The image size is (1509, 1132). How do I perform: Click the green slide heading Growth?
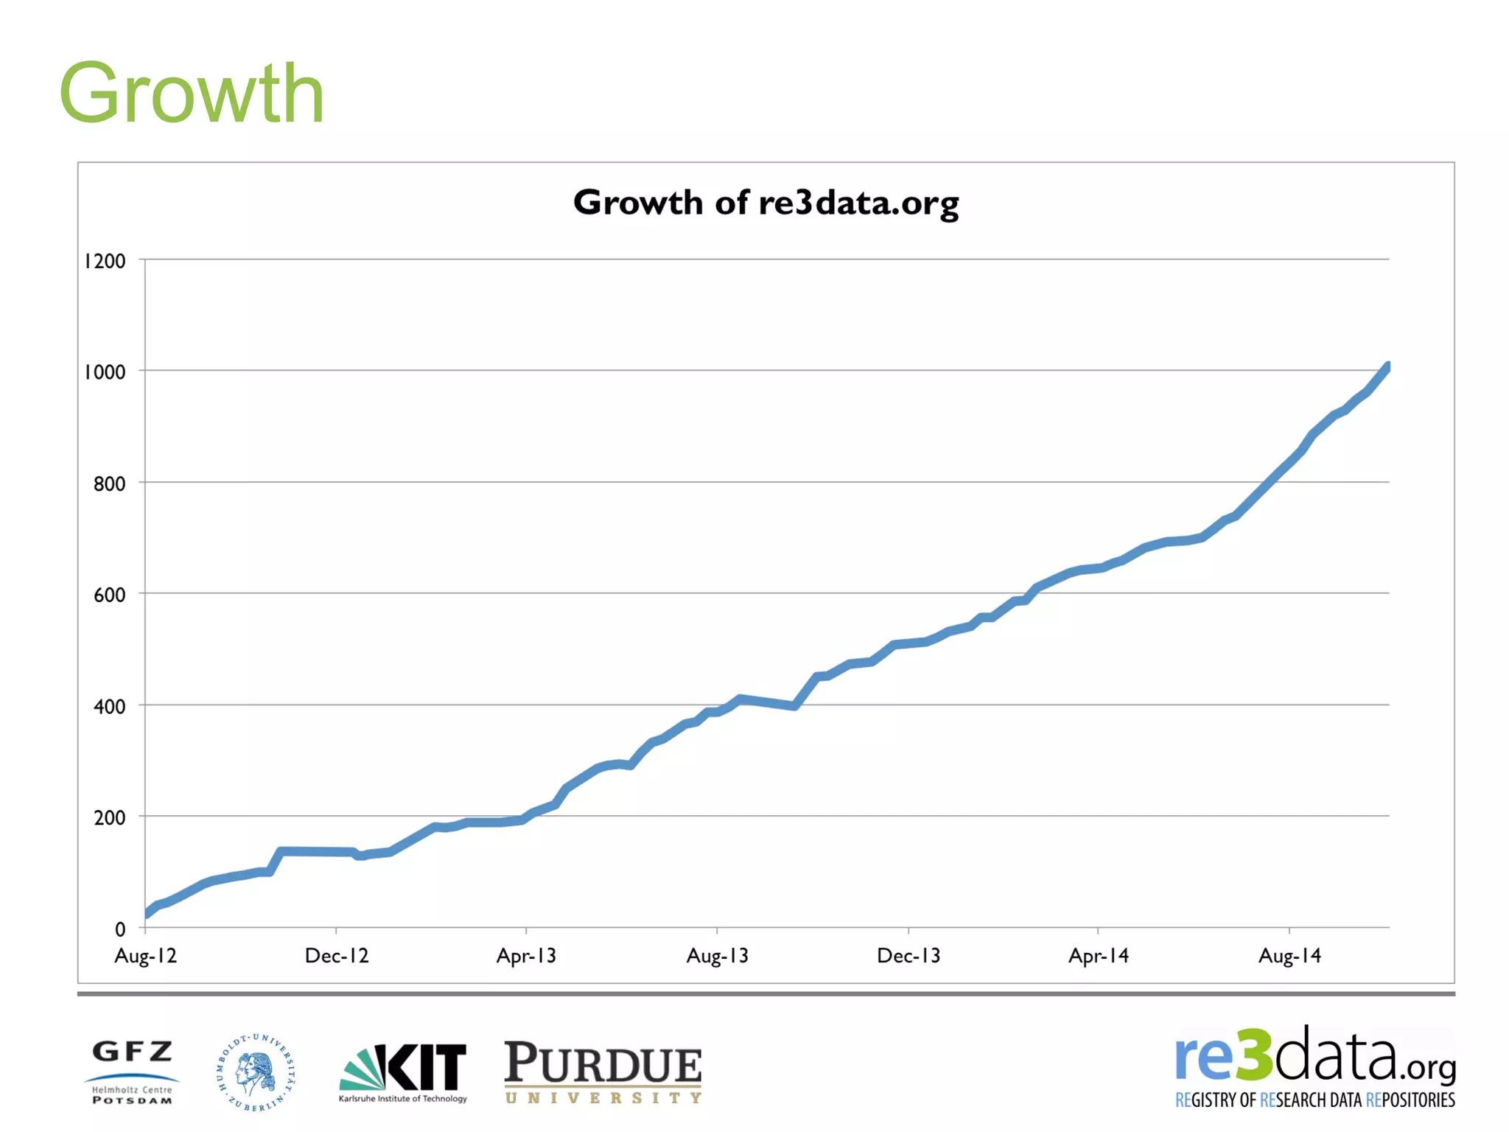(192, 94)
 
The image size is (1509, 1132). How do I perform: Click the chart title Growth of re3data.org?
(766, 203)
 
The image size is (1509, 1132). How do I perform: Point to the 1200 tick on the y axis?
(105, 261)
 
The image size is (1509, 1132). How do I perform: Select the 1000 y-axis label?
(105, 372)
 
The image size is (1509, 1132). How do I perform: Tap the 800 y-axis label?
(109, 484)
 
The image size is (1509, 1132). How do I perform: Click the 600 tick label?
(109, 595)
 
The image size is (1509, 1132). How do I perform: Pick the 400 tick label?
(109, 707)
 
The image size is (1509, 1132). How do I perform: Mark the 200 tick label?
(109, 818)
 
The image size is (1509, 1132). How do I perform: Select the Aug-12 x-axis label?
(146, 956)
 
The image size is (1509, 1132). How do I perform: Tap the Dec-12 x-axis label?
(337, 956)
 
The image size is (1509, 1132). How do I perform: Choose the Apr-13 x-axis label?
(526, 956)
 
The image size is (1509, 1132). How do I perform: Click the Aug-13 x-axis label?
(718, 956)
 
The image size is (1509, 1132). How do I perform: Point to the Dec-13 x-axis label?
(908, 956)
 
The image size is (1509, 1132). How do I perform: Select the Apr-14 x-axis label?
(1099, 956)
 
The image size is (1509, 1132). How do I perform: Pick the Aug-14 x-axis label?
(1289, 956)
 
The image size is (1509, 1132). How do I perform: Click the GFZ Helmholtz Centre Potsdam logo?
(133, 1072)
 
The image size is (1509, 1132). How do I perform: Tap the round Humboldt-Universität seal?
(256, 1072)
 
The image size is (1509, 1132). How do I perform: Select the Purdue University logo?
(603, 1072)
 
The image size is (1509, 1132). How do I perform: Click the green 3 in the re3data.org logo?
(1253, 1055)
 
